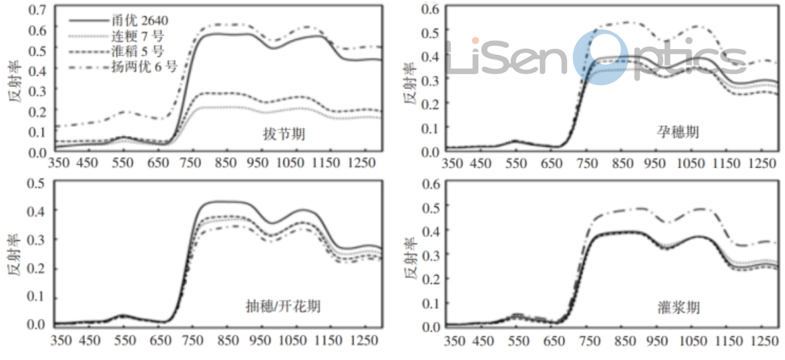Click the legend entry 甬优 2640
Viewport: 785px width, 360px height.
pyautogui.click(x=128, y=20)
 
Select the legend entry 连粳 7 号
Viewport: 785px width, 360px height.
pyautogui.click(x=127, y=35)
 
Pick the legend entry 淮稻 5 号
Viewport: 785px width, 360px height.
pyautogui.click(x=127, y=50)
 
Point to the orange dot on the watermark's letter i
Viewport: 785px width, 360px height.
pyautogui.click(x=476, y=41)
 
